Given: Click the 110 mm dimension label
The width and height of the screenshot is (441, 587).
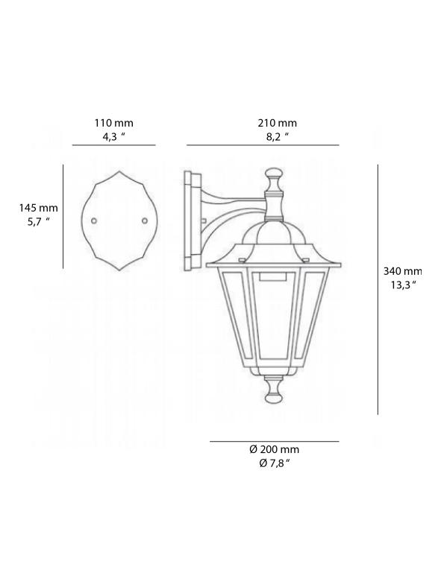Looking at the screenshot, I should (x=113, y=123).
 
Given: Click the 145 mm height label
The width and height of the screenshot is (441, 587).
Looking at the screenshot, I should (x=38, y=208).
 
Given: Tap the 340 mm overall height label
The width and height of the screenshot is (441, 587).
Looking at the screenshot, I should (x=403, y=271).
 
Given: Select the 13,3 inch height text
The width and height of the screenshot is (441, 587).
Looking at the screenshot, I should (x=403, y=285).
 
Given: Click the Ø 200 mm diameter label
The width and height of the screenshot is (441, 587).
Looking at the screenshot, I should (x=274, y=449).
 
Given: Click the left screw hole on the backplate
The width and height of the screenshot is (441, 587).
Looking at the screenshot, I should (x=93, y=221).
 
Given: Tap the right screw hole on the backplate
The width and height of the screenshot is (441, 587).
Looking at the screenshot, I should (x=145, y=221).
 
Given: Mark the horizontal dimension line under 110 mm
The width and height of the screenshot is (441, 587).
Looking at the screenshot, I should (x=113, y=145).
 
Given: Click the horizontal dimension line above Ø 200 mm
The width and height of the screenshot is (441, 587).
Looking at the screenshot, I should (x=274, y=441).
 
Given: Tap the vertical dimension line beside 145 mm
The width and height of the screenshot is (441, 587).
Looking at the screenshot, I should (x=63, y=216).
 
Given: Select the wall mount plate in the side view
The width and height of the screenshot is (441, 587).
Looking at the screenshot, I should (x=191, y=220).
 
